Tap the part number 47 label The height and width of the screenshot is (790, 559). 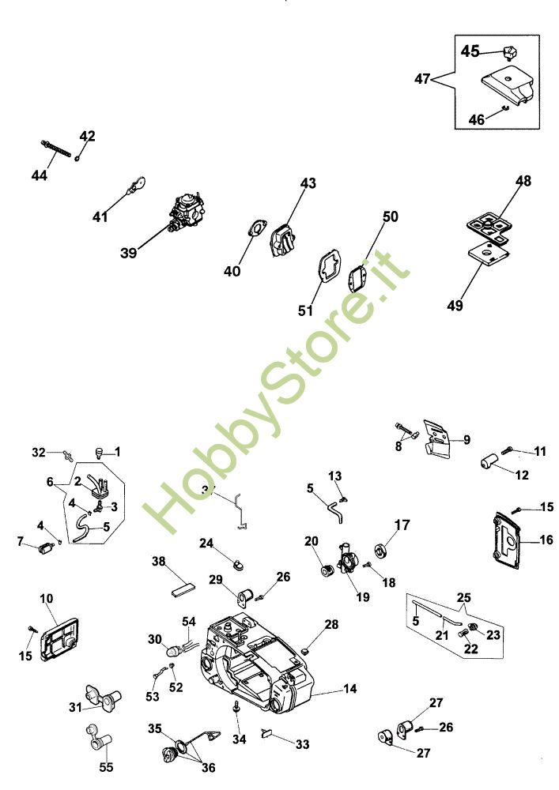422,78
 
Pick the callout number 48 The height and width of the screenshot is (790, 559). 523,181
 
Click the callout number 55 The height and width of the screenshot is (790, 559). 106,766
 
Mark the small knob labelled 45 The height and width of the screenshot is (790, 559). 510,53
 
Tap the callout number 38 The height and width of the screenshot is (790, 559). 159,562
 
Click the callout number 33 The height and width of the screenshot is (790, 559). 303,744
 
